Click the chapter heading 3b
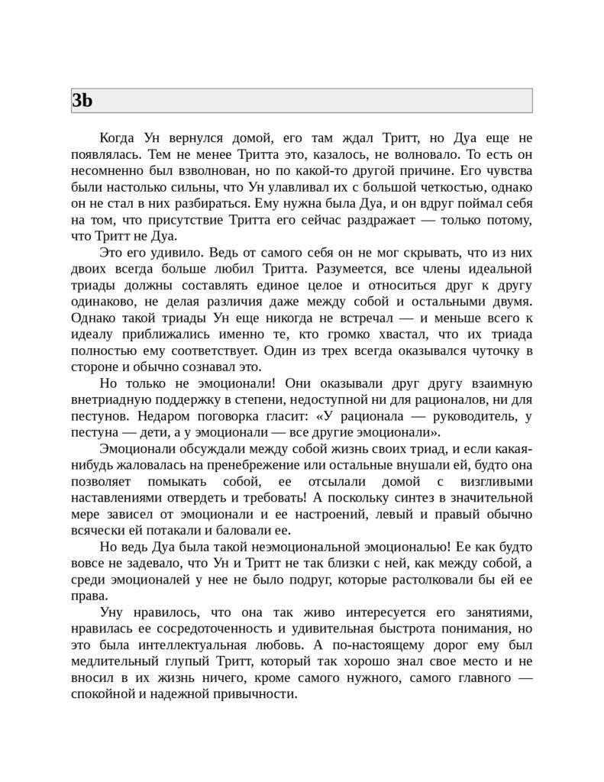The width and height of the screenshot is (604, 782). click(82, 101)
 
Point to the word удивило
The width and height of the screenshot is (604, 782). click(177, 253)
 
